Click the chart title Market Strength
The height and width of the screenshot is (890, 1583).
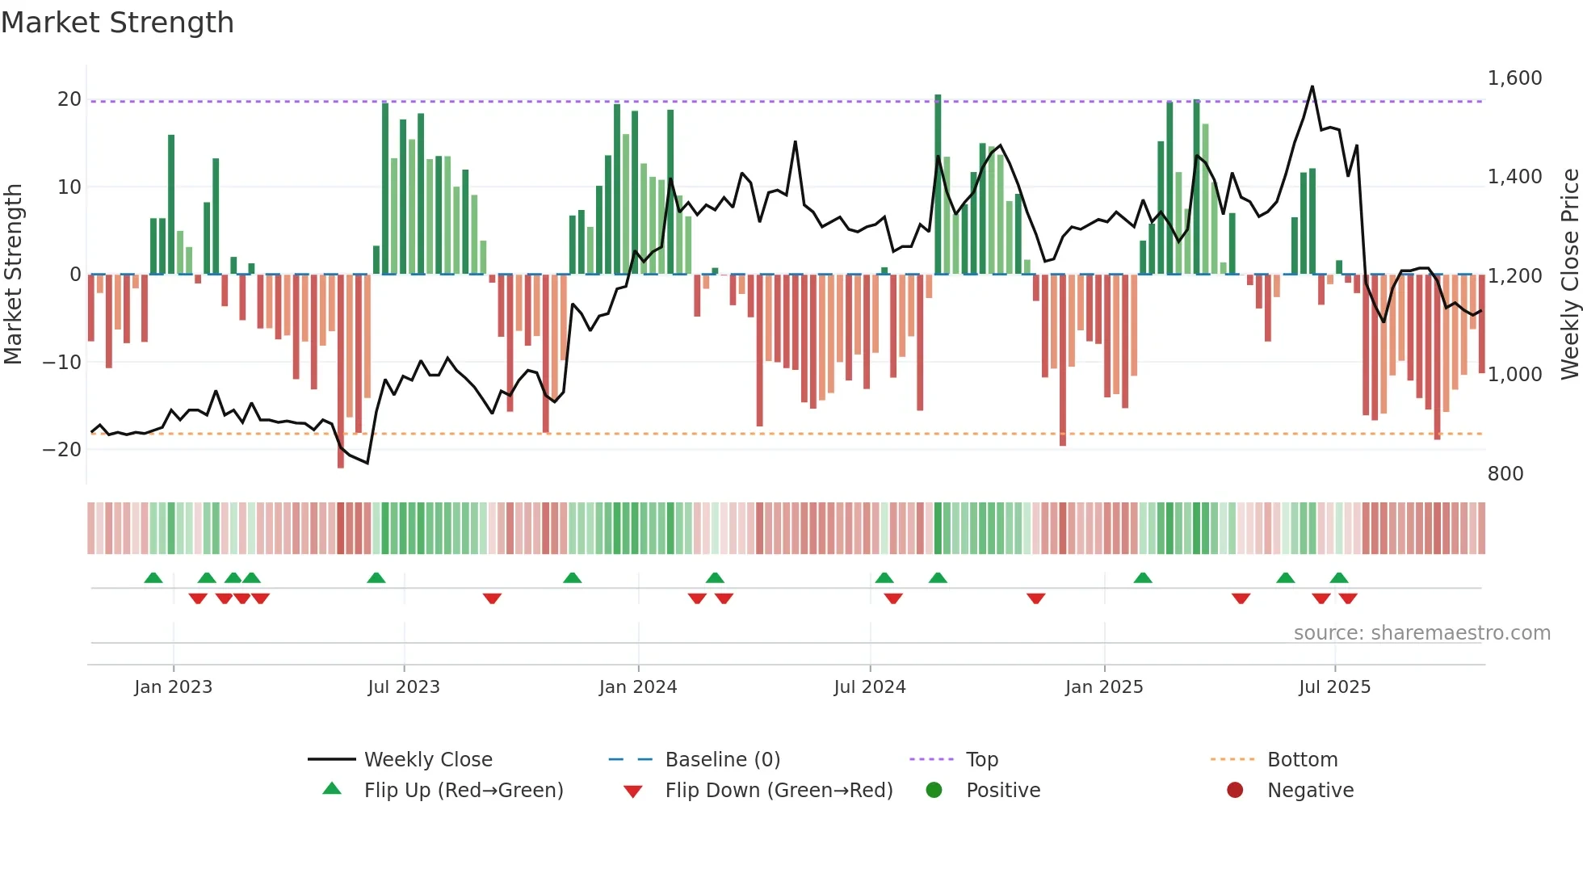(x=117, y=23)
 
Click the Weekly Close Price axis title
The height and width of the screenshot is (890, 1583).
(x=1570, y=274)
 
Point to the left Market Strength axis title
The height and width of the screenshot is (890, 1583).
(x=13, y=274)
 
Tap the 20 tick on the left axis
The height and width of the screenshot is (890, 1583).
(x=69, y=99)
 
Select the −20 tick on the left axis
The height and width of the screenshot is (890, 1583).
(x=62, y=450)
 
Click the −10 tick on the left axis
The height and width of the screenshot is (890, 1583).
(x=62, y=362)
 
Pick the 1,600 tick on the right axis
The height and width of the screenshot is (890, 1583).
(x=1514, y=78)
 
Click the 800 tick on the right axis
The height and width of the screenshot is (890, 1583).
(x=1505, y=474)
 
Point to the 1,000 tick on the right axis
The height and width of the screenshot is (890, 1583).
(x=1514, y=375)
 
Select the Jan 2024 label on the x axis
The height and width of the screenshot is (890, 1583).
(x=638, y=687)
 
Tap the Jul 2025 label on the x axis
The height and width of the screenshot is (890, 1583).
(x=1334, y=687)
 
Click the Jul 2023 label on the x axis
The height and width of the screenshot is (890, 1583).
(x=404, y=687)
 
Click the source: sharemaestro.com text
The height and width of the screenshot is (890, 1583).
(x=1421, y=633)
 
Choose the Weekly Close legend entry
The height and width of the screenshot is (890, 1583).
(x=427, y=760)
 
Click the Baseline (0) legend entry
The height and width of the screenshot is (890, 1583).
(x=722, y=760)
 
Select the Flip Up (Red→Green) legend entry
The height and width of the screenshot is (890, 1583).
(x=463, y=791)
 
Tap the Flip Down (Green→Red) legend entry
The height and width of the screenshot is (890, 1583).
(x=779, y=791)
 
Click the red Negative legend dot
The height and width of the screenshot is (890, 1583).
(x=1235, y=790)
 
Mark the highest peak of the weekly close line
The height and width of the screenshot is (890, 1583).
(x=1312, y=86)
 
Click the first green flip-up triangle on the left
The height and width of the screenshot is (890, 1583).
(x=153, y=577)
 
